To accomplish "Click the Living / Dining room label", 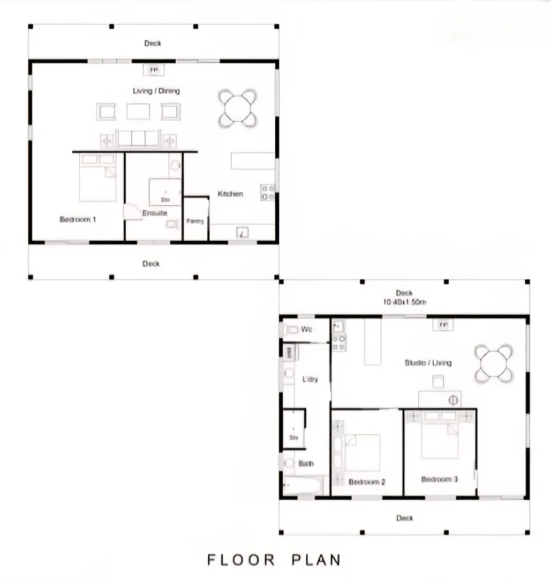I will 156,91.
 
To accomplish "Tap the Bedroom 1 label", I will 78,219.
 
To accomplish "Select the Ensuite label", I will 155,213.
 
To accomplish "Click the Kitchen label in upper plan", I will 230,194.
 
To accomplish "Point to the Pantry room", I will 195,220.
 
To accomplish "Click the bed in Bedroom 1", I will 98,178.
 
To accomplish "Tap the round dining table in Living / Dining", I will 237,108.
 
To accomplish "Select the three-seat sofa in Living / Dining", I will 138,138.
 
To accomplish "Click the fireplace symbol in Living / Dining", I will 153,70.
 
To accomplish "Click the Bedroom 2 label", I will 367,482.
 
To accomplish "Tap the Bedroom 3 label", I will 439,479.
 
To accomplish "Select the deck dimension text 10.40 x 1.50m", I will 404,302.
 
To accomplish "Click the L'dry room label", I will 310,380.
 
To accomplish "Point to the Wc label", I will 307,329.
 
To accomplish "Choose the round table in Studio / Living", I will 494,363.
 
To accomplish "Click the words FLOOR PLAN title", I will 274,560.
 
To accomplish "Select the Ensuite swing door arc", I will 132,212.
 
